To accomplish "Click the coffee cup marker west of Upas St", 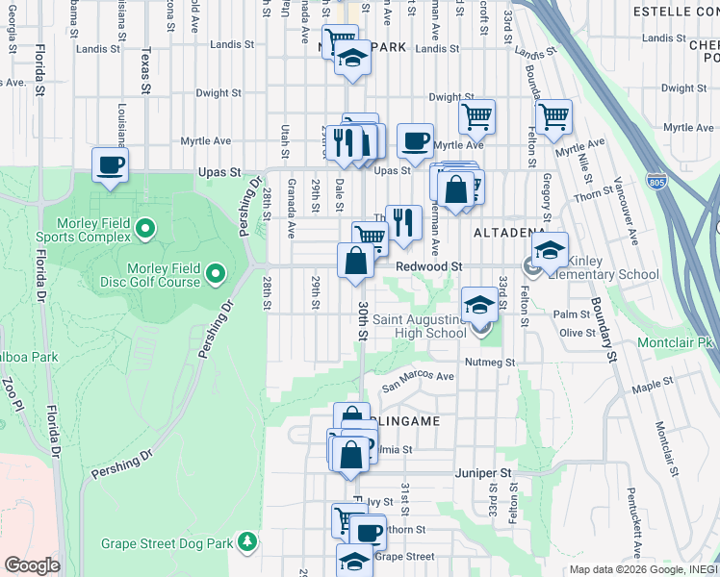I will point(111,164).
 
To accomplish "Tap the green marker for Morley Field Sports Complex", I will point(144,229).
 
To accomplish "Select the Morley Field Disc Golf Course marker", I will point(215,275).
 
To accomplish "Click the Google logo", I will point(32,565).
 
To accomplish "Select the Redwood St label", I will point(430,265).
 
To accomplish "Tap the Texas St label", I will point(145,72).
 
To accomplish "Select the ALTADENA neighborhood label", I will point(509,233).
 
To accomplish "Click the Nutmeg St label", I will point(491,363).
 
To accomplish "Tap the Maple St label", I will point(654,386).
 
